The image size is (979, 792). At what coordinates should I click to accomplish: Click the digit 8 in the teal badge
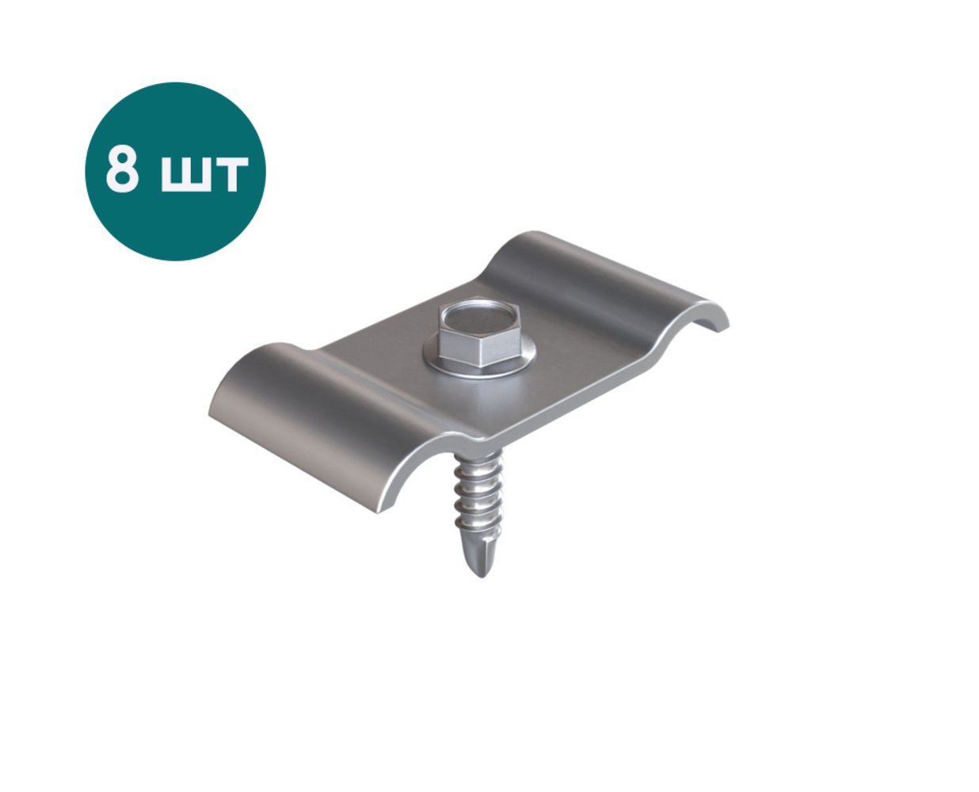coord(122,170)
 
